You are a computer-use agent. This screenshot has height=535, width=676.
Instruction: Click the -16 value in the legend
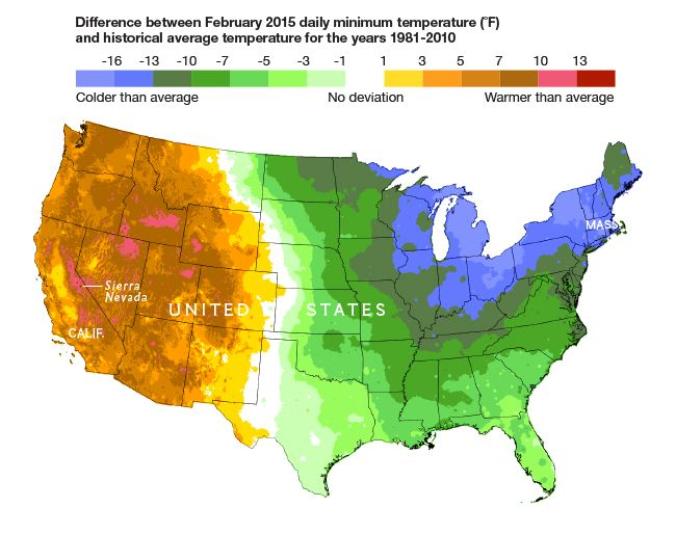coord(111,61)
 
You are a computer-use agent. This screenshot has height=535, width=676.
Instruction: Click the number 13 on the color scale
coord(579,61)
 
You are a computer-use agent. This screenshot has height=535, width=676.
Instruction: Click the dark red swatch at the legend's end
coord(596,78)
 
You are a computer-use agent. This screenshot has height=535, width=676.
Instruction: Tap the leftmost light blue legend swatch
coord(95,78)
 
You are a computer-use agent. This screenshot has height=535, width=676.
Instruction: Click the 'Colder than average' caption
coord(137,98)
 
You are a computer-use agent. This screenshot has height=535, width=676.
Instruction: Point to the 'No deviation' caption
coord(366,98)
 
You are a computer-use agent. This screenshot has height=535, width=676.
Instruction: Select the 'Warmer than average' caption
coord(549,98)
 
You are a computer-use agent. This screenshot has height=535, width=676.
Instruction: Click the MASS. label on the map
coord(602,225)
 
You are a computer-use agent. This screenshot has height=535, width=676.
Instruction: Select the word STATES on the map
coord(346,309)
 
